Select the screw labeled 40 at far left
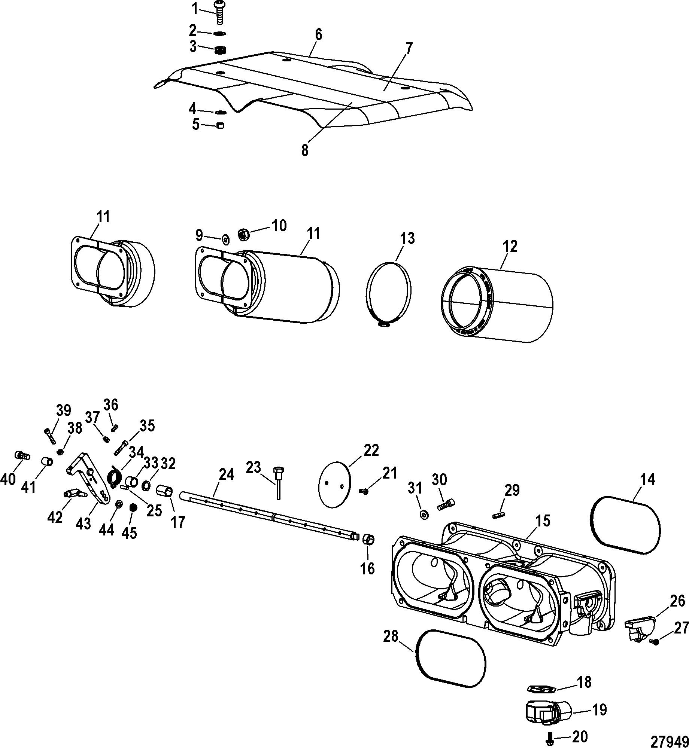(23, 456)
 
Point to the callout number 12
(510, 246)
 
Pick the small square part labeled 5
(221, 125)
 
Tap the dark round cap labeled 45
(132, 508)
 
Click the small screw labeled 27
(655, 642)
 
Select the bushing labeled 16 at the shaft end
(368, 540)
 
